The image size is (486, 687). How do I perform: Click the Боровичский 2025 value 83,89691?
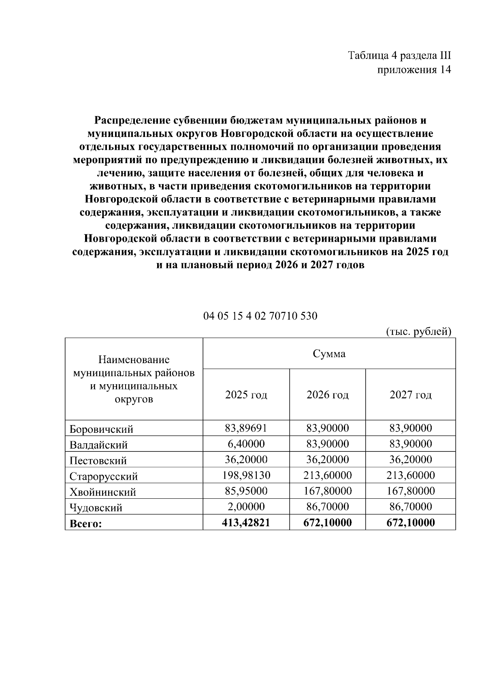coord(246,428)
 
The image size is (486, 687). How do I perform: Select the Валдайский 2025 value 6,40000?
coord(246,444)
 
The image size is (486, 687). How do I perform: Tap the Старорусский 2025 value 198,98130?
coord(246,475)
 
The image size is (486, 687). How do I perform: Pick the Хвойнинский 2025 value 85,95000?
coord(246,491)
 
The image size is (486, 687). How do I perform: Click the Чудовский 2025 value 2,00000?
coord(246,506)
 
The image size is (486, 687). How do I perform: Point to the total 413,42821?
coord(246,523)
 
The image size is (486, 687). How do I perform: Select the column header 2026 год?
coord(327,395)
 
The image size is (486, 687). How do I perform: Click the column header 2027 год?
coord(410,395)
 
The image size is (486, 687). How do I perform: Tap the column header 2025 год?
coord(246,395)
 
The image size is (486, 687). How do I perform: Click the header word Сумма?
coord(329,354)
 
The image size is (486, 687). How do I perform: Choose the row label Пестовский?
coord(98,461)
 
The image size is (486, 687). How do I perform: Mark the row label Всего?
coord(86,524)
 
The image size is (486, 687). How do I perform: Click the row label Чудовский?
coord(96,508)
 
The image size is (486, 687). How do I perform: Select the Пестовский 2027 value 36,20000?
coord(410,459)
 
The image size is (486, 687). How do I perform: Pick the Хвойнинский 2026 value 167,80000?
coord(327,491)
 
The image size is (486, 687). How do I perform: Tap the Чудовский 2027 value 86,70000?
coord(410,506)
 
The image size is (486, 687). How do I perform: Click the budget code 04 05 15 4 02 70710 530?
coord(260,316)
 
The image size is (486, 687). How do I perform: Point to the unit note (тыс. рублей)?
coord(417,332)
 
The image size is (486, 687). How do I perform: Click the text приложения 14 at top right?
coord(414,70)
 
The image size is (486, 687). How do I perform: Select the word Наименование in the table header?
coord(134,360)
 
